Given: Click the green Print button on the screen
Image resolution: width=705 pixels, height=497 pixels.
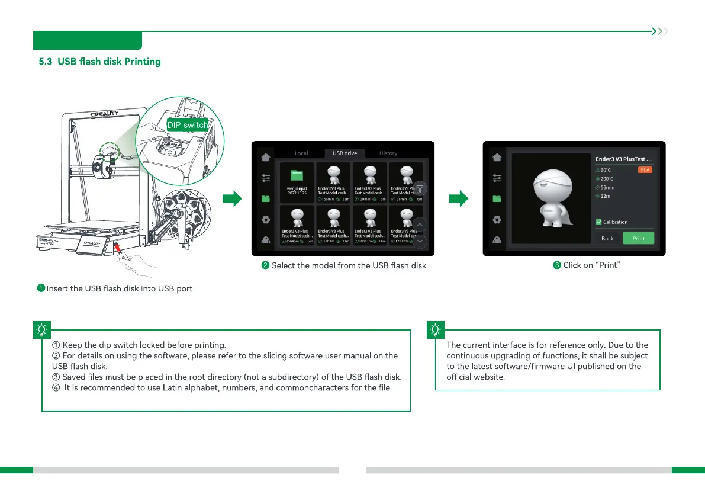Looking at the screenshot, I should pyautogui.click(x=639, y=238).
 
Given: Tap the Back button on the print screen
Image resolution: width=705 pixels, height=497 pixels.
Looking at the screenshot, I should pyautogui.click(x=607, y=238).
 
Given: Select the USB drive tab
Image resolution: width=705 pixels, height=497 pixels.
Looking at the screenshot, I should pyautogui.click(x=345, y=153).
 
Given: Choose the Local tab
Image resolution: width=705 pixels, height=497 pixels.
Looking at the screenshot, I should pyautogui.click(x=301, y=153).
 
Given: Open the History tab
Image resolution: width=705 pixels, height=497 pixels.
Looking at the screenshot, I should pyautogui.click(x=388, y=153).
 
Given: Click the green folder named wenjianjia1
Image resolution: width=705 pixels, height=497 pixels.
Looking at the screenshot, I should pyautogui.click(x=296, y=175).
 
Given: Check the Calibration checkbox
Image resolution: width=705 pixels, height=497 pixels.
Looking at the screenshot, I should pyautogui.click(x=599, y=222).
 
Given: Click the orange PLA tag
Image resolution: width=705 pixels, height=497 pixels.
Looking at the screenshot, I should pyautogui.click(x=645, y=169).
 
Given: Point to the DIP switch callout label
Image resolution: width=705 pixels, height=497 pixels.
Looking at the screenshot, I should pyautogui.click(x=188, y=125).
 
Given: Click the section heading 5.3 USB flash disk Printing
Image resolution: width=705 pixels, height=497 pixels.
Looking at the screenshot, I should pyautogui.click(x=99, y=62).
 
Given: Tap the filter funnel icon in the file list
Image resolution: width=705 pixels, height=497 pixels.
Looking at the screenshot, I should pyautogui.click(x=420, y=189).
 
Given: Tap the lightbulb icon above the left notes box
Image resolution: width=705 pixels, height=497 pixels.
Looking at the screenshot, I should pyautogui.click(x=43, y=329).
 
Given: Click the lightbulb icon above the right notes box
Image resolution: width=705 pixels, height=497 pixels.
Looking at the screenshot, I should pyautogui.click(x=436, y=329).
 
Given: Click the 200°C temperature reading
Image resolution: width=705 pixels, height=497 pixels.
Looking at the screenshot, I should pyautogui.click(x=607, y=178).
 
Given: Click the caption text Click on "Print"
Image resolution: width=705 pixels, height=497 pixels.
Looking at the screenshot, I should pyautogui.click(x=587, y=265).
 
